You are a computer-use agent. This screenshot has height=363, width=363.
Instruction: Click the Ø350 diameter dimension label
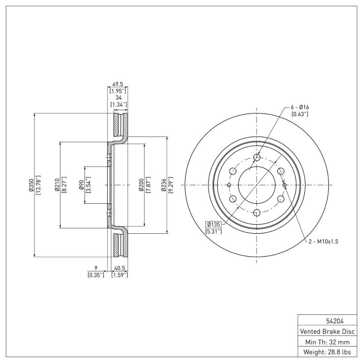coord(31,186)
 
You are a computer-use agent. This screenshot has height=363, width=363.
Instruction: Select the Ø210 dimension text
coord(57,186)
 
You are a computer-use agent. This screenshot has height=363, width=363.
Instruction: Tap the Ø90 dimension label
coord(81,186)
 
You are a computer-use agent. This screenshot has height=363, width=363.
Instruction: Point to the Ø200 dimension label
coord(141,186)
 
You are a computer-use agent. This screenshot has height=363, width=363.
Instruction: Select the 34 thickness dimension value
coord(118,98)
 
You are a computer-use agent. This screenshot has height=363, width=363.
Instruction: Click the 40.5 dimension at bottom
coord(119,268)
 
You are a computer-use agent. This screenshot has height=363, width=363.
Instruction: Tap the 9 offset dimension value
coord(96,268)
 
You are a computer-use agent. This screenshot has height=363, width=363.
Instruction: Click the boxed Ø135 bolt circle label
coord(214,225)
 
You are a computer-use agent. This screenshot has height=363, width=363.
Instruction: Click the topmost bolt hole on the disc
coord(257,157)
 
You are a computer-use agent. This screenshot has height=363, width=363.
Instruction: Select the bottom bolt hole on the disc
coord(257,213)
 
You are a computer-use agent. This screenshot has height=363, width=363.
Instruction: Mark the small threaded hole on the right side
coord(285,185)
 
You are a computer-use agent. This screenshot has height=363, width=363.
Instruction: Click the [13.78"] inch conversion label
coord(38,186)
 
